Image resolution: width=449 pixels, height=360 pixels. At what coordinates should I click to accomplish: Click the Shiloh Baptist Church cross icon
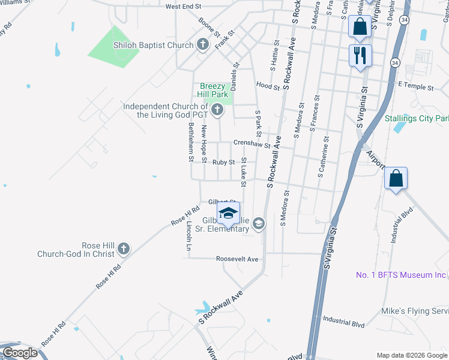203,45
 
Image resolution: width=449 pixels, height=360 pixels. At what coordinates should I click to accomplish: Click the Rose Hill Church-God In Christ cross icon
123,248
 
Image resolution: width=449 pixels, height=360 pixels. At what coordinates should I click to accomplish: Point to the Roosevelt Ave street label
237,259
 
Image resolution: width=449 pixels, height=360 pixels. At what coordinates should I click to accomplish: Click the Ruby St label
223,162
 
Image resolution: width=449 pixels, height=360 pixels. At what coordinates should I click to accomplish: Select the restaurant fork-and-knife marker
360,56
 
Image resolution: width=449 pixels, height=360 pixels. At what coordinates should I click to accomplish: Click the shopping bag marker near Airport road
396,178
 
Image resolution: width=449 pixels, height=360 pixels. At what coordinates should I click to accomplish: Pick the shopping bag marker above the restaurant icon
360,27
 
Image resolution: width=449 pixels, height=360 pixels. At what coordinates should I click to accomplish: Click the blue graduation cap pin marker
228,213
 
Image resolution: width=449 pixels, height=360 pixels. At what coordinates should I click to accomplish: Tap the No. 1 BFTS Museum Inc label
401,275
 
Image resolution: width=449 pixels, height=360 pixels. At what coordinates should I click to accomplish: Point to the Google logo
20,353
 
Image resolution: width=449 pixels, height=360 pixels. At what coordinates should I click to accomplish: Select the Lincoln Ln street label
189,235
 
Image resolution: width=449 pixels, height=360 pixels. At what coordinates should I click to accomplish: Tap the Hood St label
268,86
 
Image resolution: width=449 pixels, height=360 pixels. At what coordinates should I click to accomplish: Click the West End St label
183,7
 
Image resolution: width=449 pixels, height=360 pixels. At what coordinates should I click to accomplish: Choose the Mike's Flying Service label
414,311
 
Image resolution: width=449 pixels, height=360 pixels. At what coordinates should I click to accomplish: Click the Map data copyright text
411,355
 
